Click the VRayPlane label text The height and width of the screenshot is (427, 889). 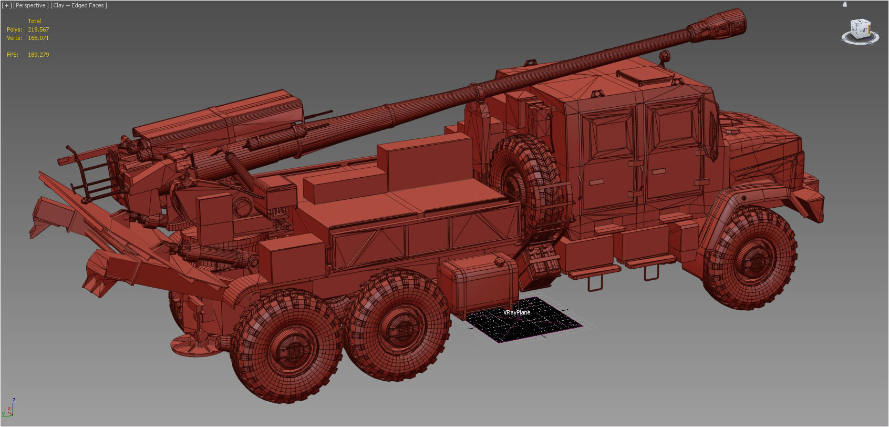point(516,312)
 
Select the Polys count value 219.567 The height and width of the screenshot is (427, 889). point(38,29)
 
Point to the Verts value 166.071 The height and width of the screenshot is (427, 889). point(38,38)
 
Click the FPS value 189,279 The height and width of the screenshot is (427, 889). point(38,55)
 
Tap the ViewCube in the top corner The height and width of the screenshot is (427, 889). point(861,30)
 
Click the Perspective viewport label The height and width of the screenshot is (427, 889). point(31,5)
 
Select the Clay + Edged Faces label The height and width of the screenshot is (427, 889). point(79,5)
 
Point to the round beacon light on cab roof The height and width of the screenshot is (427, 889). point(665,55)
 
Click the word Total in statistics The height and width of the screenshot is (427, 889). point(34,21)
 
